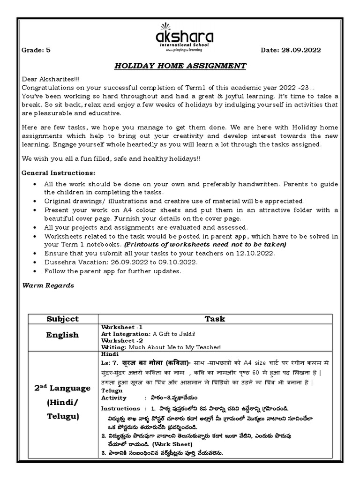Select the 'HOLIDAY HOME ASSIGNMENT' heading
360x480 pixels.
180,66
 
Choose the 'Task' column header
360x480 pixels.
215,319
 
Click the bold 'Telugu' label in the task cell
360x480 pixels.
112,390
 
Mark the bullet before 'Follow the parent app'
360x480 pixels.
36,271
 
